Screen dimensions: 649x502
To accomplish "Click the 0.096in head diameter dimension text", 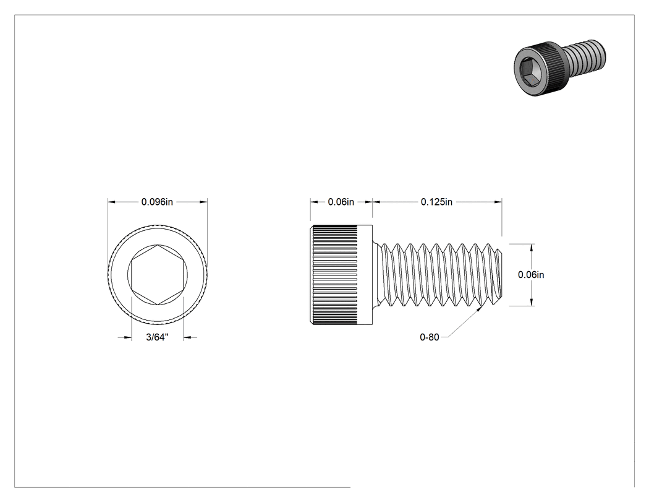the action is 157,202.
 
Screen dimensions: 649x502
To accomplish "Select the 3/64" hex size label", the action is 157,337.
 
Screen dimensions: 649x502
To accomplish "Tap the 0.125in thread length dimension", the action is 436,202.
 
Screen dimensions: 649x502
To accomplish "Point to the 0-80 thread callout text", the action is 429,337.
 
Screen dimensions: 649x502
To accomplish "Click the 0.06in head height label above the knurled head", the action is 341,202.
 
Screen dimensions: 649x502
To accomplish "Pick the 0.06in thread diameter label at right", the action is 531,275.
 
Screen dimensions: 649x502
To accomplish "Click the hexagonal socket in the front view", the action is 157,275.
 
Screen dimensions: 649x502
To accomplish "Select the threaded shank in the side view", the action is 438,275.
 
